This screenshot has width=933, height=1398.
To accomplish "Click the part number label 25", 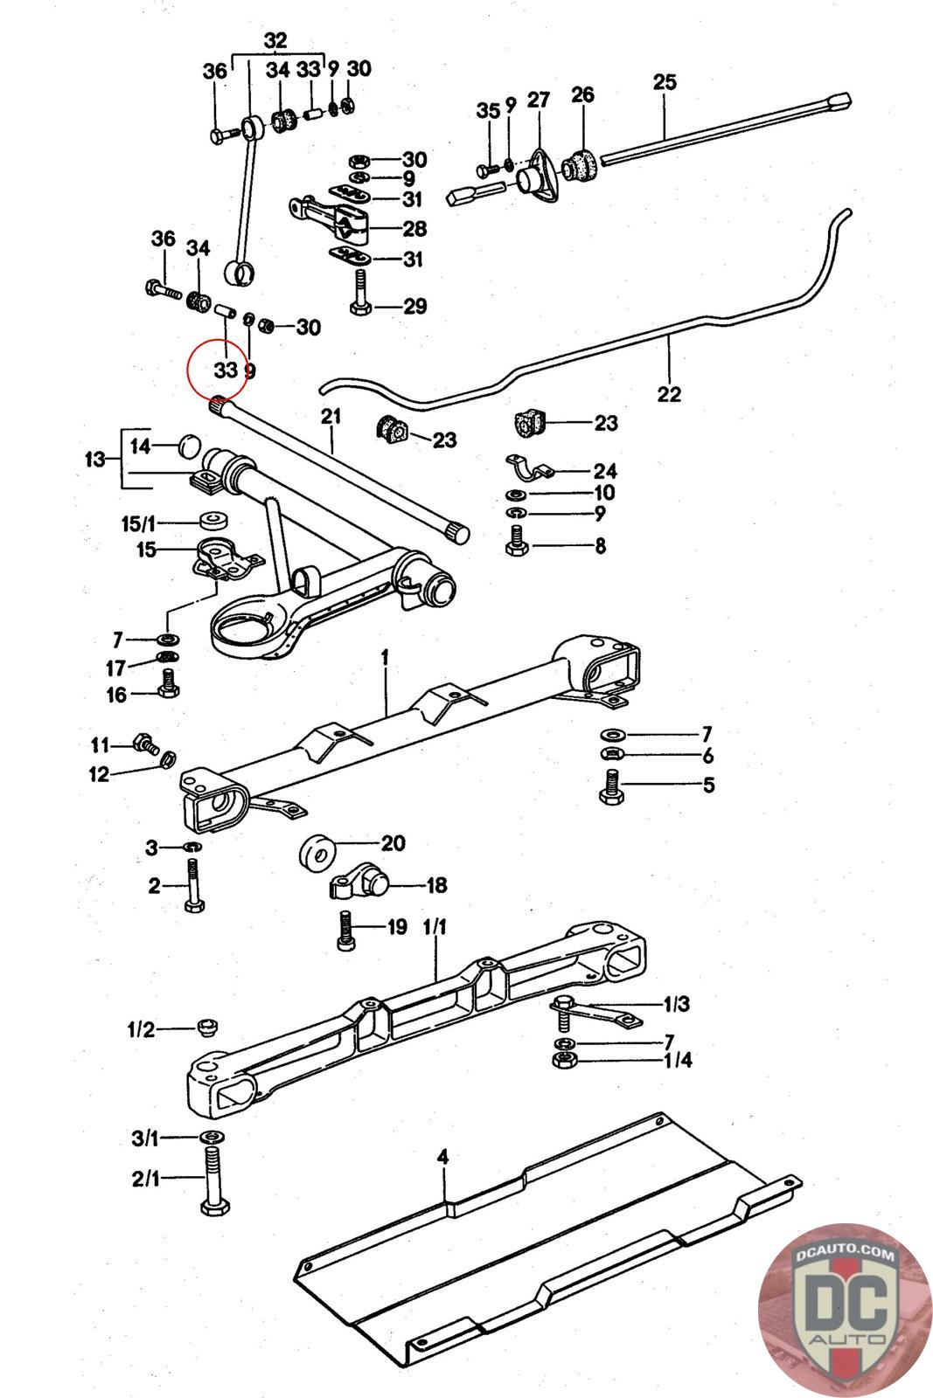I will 665,82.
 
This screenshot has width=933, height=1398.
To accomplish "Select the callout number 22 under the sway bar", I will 669,394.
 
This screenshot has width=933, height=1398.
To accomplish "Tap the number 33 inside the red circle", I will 226,370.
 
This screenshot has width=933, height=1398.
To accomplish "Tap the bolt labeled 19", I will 345,929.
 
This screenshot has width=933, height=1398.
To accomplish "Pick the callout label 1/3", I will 676,1004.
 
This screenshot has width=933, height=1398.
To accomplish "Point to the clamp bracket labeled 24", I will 529,469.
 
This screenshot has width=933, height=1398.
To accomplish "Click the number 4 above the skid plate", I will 443,1158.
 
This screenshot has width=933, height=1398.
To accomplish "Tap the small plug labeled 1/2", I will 206,1027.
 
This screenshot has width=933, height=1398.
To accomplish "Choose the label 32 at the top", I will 275,41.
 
